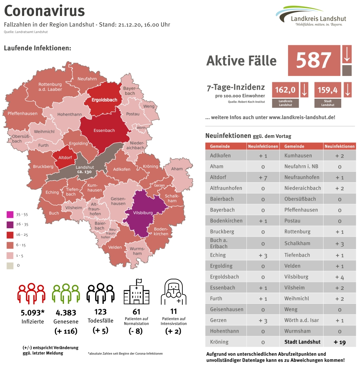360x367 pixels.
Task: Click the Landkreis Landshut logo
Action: (x=311, y=16)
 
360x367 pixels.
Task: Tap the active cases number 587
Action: (x=314, y=60)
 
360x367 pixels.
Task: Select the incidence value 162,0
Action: (x=285, y=90)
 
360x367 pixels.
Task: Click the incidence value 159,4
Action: (x=328, y=90)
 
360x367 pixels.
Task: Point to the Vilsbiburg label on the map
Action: (x=143, y=213)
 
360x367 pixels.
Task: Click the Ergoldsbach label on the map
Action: (x=104, y=100)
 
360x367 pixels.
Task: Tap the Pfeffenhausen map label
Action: (x=22, y=114)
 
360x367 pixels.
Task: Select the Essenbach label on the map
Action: (x=104, y=130)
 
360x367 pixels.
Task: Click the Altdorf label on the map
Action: (x=64, y=158)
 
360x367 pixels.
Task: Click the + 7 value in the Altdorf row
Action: (x=263, y=177)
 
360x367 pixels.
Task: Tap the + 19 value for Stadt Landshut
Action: (x=339, y=342)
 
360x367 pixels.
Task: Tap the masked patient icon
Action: (x=173, y=293)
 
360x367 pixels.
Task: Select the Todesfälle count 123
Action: (x=100, y=312)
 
